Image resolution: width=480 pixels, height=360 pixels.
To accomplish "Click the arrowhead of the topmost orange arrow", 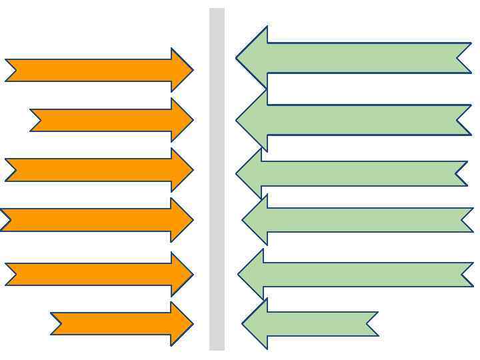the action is (x=182, y=70).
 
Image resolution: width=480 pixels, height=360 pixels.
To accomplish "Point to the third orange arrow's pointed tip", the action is (x=191, y=170).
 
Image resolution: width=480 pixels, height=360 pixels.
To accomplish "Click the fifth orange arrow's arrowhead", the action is (x=182, y=274).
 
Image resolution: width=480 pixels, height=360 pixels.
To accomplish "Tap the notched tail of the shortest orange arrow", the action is (x=61, y=324).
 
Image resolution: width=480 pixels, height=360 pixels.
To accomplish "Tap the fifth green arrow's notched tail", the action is (x=464, y=274).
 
